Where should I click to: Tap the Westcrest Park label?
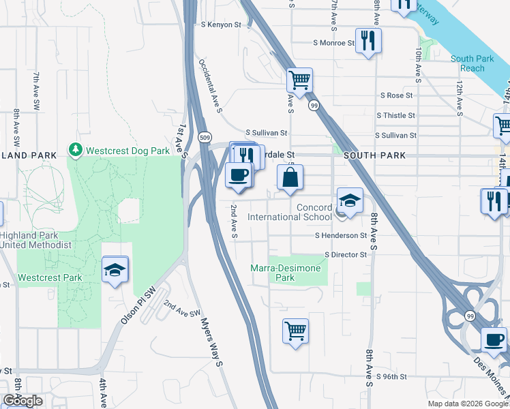50,277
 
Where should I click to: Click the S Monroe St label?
334,42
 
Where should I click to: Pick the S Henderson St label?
341,235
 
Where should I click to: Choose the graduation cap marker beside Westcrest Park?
115,270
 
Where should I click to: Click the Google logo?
22,401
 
